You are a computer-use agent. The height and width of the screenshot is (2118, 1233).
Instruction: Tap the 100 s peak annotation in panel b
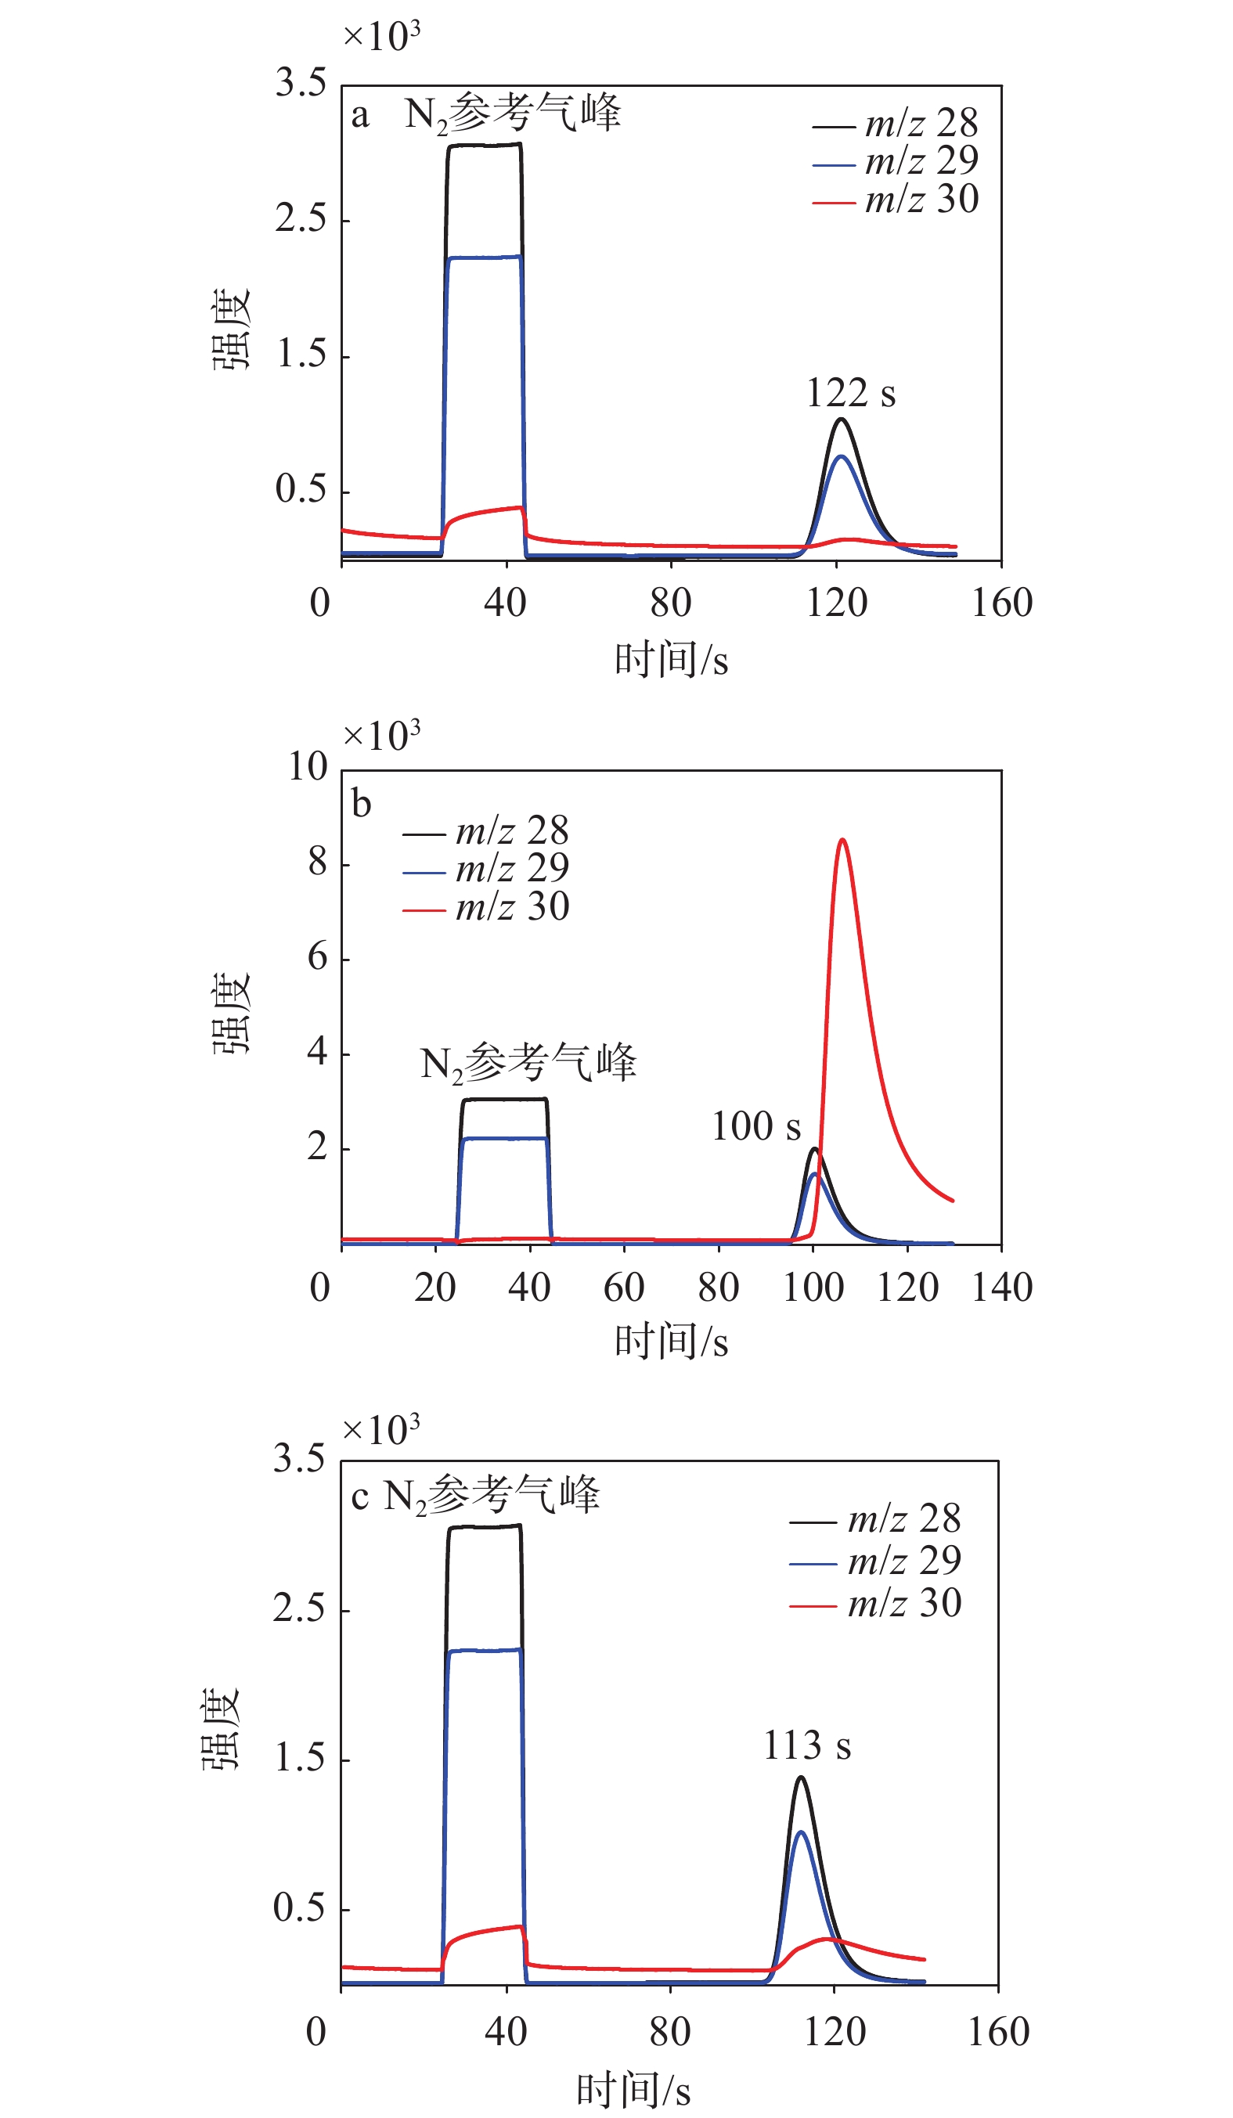[x=755, y=1126]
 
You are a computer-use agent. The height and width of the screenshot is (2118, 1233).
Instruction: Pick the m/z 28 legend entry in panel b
[x=487, y=831]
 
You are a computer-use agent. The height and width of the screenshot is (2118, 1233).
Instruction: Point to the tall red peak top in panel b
[x=842, y=840]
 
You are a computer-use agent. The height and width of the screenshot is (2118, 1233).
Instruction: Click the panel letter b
[x=362, y=805]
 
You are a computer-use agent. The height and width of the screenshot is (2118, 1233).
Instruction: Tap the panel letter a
[x=360, y=115]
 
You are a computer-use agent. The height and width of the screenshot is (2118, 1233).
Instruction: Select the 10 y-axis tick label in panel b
[x=308, y=766]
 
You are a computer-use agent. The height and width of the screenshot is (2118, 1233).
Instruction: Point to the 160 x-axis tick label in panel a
[x=1002, y=603]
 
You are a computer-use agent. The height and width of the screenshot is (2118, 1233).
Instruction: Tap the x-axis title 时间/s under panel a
[x=671, y=660]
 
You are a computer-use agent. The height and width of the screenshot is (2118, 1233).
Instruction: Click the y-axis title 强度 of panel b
[x=229, y=1013]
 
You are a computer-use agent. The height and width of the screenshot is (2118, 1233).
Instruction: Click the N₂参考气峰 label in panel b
[x=528, y=1062]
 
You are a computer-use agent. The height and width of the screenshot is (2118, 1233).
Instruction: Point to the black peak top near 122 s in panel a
[x=841, y=419]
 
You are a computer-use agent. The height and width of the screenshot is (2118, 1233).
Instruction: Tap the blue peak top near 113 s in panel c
[x=800, y=1833]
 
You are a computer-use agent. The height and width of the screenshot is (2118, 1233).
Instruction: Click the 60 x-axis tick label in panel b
[x=624, y=1288]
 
